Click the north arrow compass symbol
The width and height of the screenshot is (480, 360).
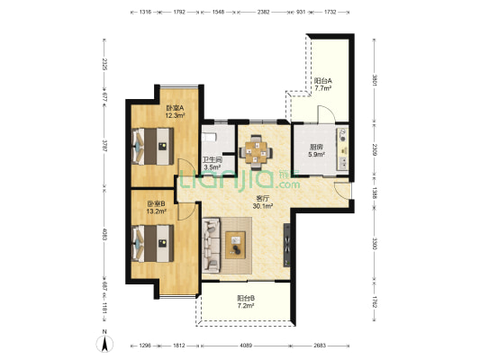point(104,343)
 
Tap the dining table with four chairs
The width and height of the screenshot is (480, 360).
point(256,152)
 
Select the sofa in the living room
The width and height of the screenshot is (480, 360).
point(211,245)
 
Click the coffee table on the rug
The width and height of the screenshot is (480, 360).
point(235,245)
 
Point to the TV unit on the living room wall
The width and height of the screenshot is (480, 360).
point(287,246)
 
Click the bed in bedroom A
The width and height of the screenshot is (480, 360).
point(153,147)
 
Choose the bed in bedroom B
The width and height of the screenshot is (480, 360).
point(153,244)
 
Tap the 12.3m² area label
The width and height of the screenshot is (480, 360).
point(175,115)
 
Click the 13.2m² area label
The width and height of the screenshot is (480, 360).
point(157,211)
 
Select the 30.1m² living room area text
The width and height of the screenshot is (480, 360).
point(263,206)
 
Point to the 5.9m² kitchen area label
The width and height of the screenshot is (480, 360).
point(316,155)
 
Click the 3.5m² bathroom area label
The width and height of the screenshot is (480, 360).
point(213,167)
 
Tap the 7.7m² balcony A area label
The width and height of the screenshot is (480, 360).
point(323,88)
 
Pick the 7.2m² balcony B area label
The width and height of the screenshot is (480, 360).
point(246,305)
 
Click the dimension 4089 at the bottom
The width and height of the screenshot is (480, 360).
point(246,346)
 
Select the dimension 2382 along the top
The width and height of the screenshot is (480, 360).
point(263,13)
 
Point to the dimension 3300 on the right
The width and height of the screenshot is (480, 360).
point(374,243)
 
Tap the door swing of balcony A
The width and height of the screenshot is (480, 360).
point(327,113)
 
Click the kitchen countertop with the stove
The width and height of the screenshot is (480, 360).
point(342,149)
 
